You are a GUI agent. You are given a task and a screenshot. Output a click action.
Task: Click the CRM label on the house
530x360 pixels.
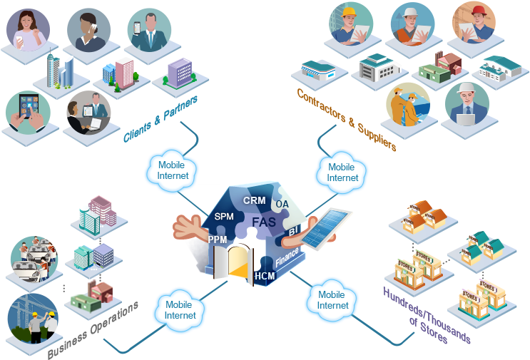tap(254, 201)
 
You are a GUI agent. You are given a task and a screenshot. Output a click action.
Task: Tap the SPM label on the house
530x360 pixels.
tap(224, 217)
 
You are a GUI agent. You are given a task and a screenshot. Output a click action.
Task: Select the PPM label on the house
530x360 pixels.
tap(218, 240)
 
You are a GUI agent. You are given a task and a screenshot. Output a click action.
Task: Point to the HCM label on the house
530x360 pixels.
tap(265, 276)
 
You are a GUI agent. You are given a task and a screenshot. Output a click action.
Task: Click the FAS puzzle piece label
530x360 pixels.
tap(264, 222)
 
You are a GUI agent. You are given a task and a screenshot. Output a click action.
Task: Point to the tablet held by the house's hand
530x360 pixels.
tap(330, 228)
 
